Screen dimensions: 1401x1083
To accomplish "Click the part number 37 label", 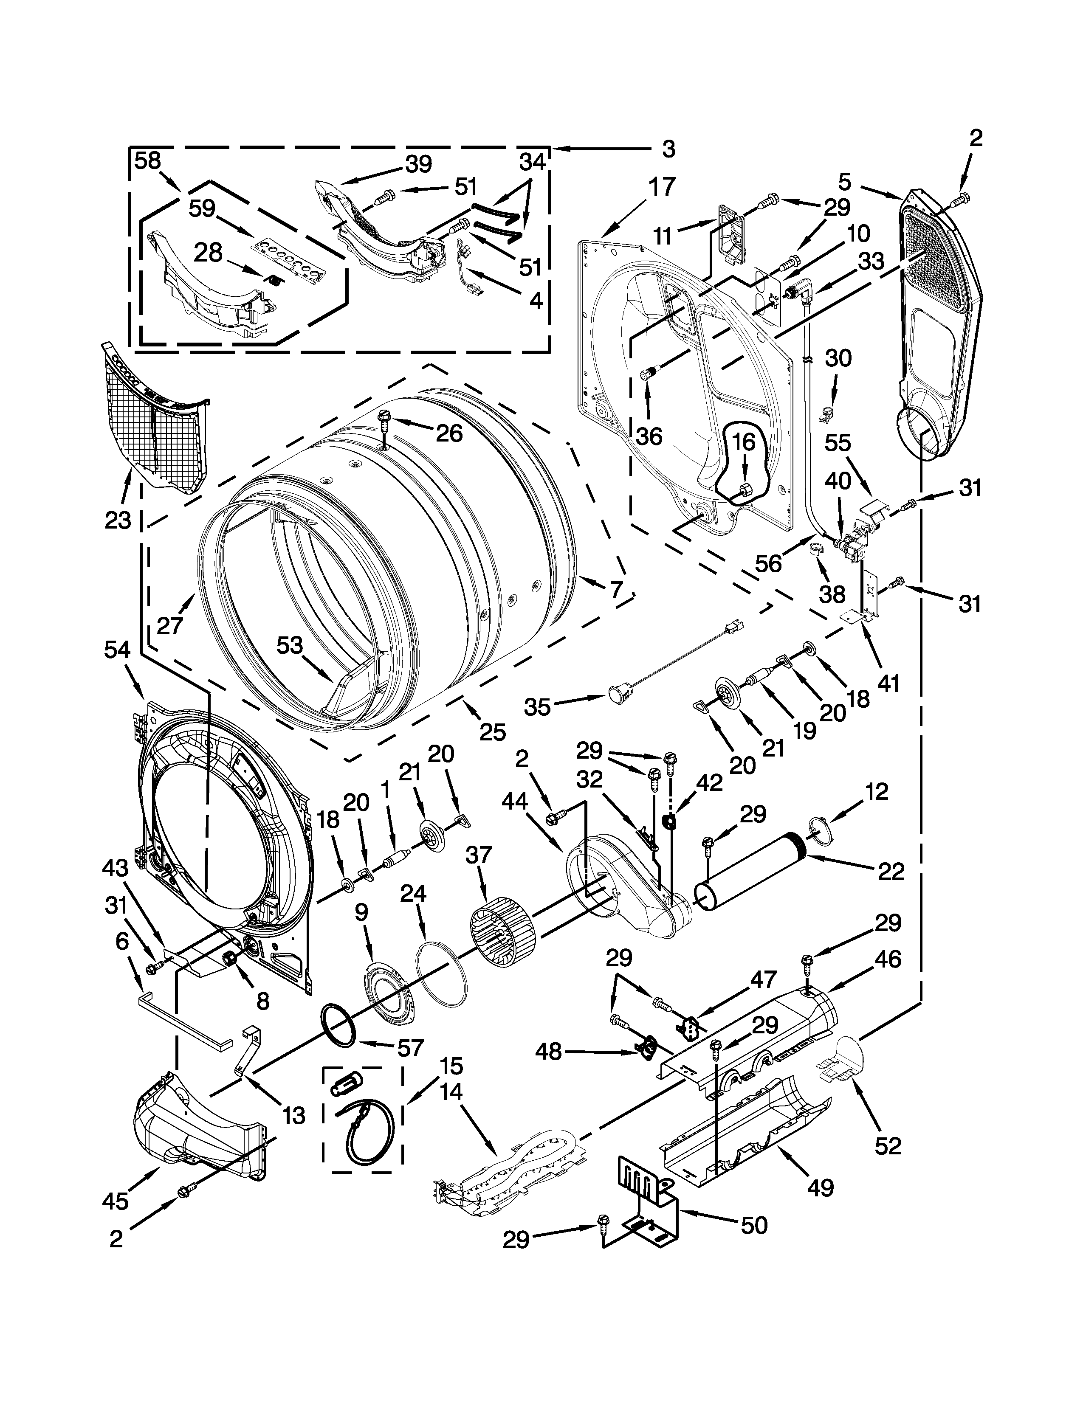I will coord(479,855).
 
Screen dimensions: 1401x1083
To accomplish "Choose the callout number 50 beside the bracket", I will coord(753,1225).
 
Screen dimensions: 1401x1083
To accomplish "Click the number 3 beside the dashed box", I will coord(668,149).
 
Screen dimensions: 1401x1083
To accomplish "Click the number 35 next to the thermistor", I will coord(538,707).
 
